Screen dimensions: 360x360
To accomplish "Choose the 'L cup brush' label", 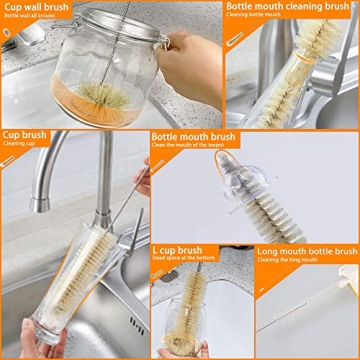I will point(177,250).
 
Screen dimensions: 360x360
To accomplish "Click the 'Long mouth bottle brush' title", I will point(307,250).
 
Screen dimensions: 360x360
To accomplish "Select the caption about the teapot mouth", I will point(191,147).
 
